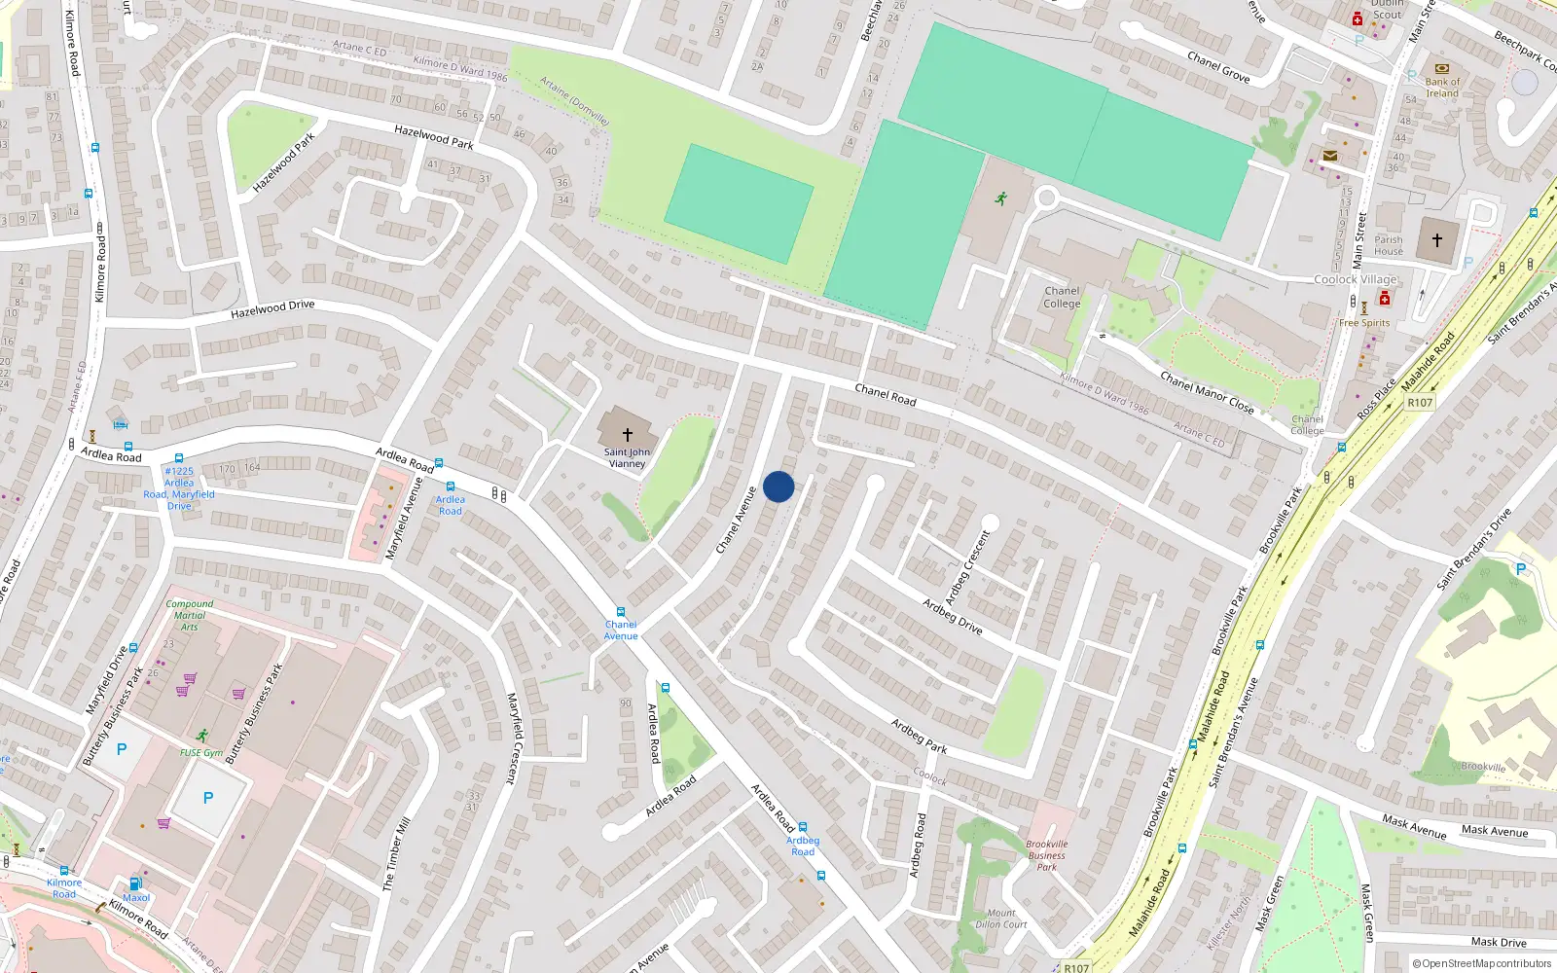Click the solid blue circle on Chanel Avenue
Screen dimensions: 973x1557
(778, 486)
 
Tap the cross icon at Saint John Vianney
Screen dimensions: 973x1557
(628, 435)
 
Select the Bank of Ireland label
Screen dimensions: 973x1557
(1442, 88)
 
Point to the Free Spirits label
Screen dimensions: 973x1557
(1364, 323)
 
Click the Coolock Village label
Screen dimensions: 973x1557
(1356, 279)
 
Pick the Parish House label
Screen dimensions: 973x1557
(1389, 245)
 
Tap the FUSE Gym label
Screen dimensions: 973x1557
(201, 753)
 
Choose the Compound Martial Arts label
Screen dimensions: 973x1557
(190, 615)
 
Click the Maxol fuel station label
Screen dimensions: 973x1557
(136, 898)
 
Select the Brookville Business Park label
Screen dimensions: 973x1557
(1047, 855)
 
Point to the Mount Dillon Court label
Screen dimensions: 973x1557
(1001, 919)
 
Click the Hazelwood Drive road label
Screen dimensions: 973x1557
(272, 309)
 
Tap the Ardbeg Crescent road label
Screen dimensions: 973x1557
(968, 566)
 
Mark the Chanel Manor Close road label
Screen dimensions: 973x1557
(1207, 392)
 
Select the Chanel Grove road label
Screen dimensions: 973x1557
(1218, 67)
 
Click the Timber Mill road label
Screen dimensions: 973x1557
(396, 853)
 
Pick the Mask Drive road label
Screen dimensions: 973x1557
(1499, 942)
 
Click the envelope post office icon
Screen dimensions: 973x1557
(1330, 156)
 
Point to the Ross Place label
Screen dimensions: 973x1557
(1377, 399)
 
